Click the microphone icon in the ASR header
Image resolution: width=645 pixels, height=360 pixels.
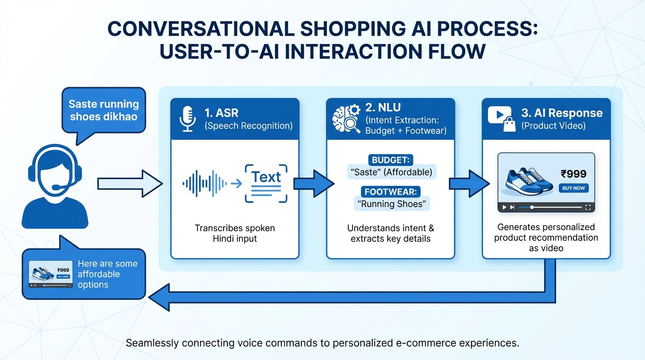pos(187,119)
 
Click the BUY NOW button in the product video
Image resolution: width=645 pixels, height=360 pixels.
pos(573,188)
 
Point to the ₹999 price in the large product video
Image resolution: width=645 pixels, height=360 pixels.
pos(573,174)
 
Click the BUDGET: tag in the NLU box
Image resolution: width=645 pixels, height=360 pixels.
pos(391,160)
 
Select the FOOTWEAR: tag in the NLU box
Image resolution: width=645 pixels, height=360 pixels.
pos(391,191)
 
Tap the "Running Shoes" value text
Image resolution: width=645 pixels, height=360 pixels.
pos(391,204)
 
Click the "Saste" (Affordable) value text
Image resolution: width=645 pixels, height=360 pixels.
pos(391,172)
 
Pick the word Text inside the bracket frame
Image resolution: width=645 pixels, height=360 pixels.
pos(266,177)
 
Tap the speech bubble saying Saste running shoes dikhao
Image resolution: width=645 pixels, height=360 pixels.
pos(104,111)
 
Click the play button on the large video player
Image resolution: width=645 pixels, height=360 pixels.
pos(504,207)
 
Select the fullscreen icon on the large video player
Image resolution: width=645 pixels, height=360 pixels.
pos(588,207)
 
